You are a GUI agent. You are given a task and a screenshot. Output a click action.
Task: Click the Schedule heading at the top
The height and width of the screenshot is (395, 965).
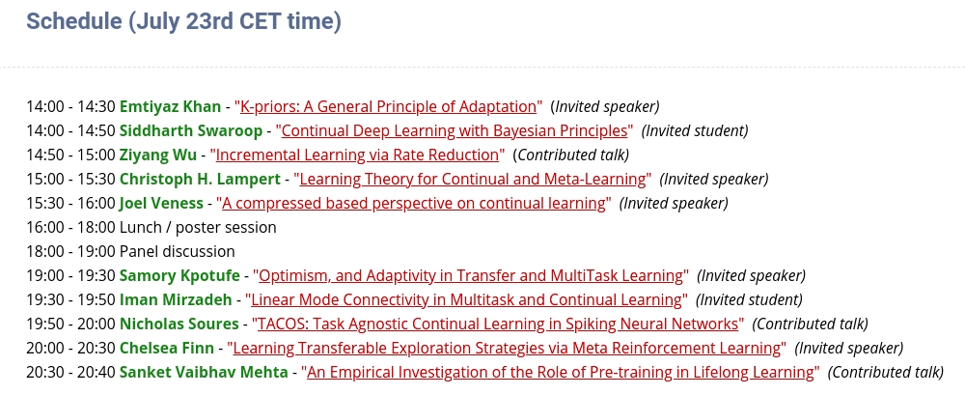click(183, 21)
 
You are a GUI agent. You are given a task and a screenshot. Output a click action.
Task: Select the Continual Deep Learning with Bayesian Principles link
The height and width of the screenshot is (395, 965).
click(455, 130)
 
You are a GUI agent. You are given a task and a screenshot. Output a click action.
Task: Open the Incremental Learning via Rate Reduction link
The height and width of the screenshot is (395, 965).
click(357, 155)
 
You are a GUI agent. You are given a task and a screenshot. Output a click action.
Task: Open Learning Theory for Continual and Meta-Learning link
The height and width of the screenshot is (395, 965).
click(473, 179)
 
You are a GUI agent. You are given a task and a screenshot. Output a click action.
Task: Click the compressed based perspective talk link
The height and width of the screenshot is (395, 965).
click(415, 203)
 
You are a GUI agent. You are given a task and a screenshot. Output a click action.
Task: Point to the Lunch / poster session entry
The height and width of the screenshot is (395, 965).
click(198, 227)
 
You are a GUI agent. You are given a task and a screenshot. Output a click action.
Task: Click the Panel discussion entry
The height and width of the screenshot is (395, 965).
click(177, 251)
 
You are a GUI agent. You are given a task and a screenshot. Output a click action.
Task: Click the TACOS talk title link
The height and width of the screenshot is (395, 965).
click(497, 324)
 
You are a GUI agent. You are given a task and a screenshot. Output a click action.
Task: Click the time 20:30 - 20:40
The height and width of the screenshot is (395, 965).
click(70, 372)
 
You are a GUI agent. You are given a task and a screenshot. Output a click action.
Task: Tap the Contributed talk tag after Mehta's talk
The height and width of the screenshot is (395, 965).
click(885, 372)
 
